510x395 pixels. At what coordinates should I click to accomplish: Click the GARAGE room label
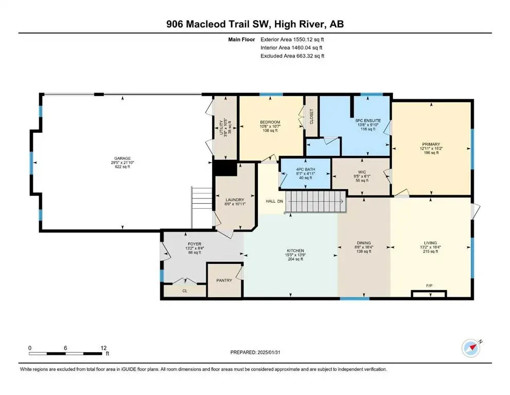122,158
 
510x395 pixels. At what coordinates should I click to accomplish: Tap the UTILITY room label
221,128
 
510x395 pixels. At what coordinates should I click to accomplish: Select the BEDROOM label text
270,122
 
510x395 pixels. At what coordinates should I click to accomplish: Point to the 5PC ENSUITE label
368,120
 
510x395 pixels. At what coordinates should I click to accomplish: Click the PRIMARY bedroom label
431,144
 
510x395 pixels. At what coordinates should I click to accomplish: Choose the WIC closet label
362,172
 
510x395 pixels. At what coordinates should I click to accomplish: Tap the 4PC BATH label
306,170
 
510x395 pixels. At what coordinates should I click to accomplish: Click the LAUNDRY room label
235,200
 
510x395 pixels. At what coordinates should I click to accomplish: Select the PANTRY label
224,280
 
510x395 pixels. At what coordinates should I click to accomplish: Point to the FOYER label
195,244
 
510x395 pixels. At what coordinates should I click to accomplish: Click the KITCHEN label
295,251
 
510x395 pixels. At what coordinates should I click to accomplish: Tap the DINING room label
364,243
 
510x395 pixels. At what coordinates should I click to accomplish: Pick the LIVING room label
430,243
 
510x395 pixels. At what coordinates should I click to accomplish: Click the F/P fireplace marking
429,285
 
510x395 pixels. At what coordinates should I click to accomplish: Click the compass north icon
471,348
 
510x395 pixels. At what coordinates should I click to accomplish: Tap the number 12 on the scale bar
103,348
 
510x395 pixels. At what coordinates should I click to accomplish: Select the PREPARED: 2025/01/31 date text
255,352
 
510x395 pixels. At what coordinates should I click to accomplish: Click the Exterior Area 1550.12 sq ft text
292,40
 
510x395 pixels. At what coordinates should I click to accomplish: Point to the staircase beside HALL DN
315,202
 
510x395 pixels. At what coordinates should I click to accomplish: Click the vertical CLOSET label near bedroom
311,116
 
